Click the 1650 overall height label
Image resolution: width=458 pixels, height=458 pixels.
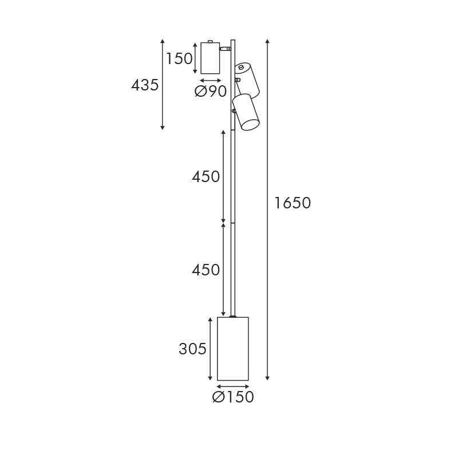click(293, 203)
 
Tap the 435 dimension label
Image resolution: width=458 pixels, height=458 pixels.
click(145, 85)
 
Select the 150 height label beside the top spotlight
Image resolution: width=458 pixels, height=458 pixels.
click(179, 58)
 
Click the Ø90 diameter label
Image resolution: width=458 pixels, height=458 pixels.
click(210, 92)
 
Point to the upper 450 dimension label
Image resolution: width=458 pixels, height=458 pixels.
click(206, 177)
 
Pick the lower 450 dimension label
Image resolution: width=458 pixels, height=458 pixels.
click(206, 270)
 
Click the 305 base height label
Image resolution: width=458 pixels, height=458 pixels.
click(192, 349)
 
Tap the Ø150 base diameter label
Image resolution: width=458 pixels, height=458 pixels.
click(233, 397)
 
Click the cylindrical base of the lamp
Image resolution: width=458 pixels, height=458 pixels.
click(233, 349)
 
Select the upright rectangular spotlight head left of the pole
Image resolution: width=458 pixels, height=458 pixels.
click(210, 58)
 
